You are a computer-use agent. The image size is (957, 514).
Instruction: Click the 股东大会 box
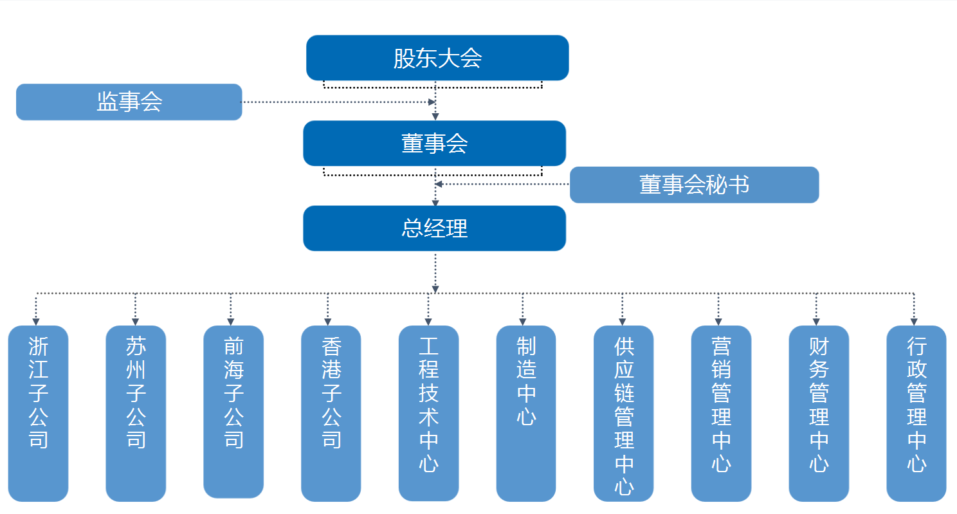[437, 58]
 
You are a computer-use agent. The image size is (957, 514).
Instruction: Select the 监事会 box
[129, 102]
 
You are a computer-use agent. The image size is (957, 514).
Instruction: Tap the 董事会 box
[434, 143]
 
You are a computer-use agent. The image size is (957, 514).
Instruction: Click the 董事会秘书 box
[694, 185]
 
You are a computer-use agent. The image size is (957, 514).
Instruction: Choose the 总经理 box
[434, 228]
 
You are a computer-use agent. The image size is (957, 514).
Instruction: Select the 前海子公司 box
[233, 412]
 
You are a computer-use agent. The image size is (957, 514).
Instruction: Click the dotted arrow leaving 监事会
[334, 102]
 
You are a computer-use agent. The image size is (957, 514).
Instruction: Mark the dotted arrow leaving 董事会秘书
[502, 184]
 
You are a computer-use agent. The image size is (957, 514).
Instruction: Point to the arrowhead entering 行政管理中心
[913, 321]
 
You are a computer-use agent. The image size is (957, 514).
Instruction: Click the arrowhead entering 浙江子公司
[36, 321]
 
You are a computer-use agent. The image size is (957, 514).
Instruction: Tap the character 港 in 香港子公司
[331, 369]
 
